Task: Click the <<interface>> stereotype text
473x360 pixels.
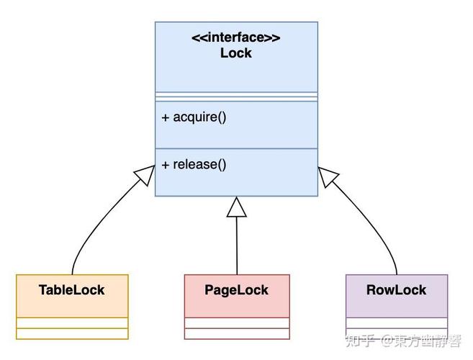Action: tap(235, 38)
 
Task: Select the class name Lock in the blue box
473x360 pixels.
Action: tap(235, 53)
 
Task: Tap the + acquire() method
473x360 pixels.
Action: tap(194, 117)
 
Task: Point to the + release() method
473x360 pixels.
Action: tap(194, 164)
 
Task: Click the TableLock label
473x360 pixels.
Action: tap(71, 290)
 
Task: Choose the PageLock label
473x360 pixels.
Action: tap(236, 290)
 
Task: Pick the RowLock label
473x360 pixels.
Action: tap(396, 290)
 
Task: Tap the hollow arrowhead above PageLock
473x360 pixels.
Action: tap(236, 207)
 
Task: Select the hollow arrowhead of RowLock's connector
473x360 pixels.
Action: tap(328, 176)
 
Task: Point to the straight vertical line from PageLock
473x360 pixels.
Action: tap(236, 245)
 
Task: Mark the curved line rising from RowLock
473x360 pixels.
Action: tap(378, 230)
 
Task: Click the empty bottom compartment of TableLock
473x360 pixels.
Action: tap(71, 334)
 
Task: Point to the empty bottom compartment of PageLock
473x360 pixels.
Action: tap(236, 334)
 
